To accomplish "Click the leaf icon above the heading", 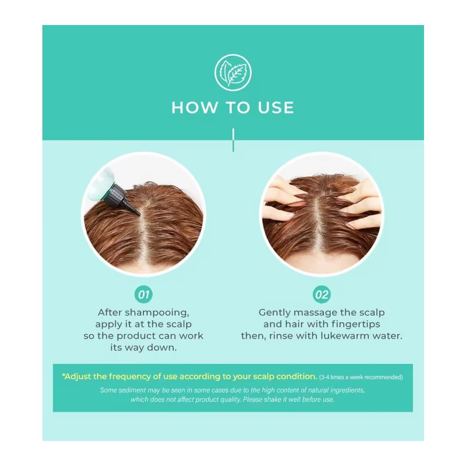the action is pos(233,72).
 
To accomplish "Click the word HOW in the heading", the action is pos(194,107).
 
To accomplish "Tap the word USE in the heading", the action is pos(276,107).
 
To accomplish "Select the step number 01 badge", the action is pos(143,294).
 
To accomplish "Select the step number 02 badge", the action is pos(322,294).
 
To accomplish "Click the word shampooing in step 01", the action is pos(157,313).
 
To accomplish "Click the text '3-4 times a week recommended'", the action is pos(361,377).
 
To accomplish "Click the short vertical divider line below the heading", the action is pos(233,140).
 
